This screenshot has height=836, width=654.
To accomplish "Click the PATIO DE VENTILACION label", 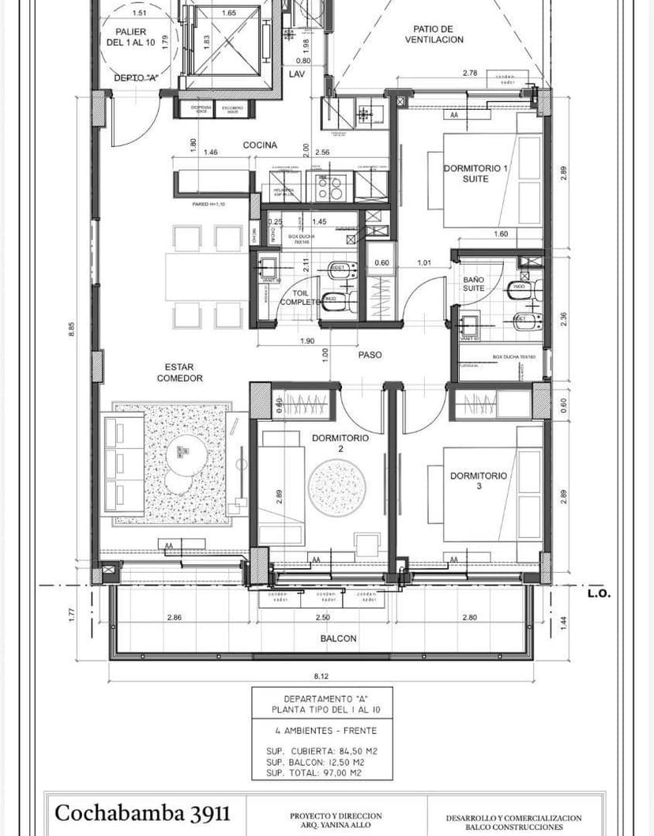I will point(434,34).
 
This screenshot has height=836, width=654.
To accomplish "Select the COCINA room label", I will point(259,145).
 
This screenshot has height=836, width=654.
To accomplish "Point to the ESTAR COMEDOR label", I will point(179,372).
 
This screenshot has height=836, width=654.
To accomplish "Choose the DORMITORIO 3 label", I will point(478,480).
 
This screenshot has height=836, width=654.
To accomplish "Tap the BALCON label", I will point(338,638).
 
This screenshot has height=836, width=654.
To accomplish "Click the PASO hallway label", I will point(370,355).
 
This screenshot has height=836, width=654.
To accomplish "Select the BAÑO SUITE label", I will point(474,284).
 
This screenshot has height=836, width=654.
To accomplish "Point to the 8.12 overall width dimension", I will point(321,676).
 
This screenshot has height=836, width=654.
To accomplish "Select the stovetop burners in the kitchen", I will point(328,186).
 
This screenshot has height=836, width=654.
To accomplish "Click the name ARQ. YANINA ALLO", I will point(336,827).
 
